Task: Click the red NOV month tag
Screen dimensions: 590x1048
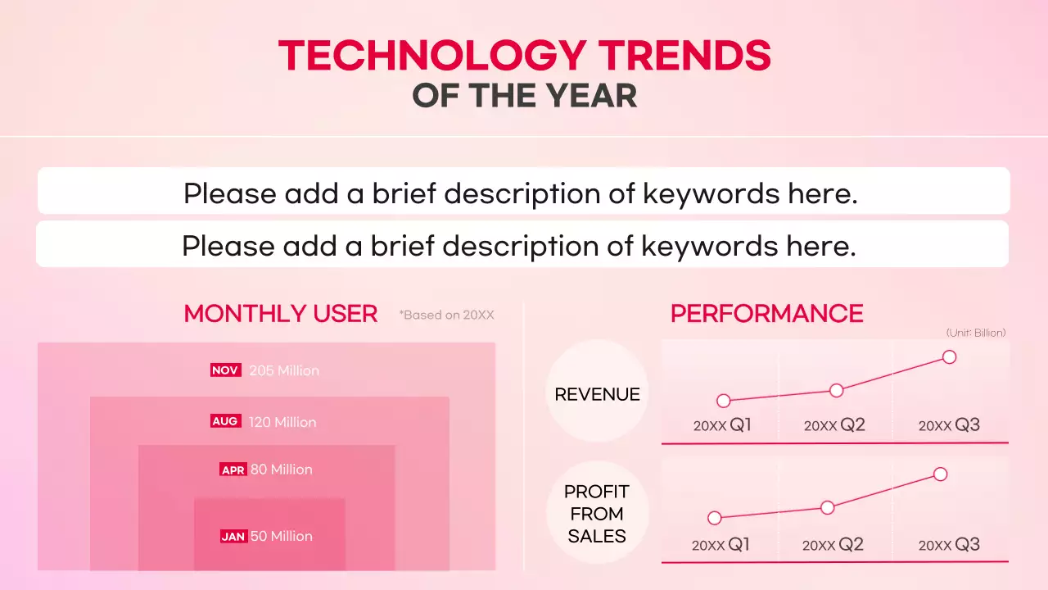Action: click(x=224, y=370)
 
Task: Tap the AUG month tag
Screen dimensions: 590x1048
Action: click(x=224, y=421)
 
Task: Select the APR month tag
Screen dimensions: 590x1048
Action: click(x=233, y=470)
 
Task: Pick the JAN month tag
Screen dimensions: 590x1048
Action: click(x=233, y=537)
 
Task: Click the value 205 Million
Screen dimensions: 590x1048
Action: click(x=284, y=370)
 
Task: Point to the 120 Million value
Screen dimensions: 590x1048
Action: click(x=282, y=422)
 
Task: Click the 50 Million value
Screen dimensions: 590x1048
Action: click(x=282, y=536)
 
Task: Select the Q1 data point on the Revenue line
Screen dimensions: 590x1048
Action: click(x=723, y=401)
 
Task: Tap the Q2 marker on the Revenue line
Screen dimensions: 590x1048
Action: click(x=836, y=390)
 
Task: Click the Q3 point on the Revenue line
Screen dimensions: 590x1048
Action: click(x=949, y=356)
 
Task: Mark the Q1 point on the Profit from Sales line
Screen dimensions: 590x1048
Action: click(x=714, y=518)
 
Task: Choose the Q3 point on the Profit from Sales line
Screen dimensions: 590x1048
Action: click(x=940, y=474)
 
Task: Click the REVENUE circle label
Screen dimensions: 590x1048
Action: click(x=597, y=394)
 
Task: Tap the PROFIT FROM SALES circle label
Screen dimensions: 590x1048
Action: click(x=597, y=514)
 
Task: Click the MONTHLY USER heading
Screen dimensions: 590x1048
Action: click(x=281, y=314)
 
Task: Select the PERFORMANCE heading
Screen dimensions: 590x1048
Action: click(x=766, y=314)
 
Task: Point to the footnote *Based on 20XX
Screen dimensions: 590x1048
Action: click(x=447, y=315)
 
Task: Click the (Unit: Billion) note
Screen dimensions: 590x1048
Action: click(x=976, y=333)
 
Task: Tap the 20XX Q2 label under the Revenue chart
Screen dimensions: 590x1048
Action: click(x=834, y=425)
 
